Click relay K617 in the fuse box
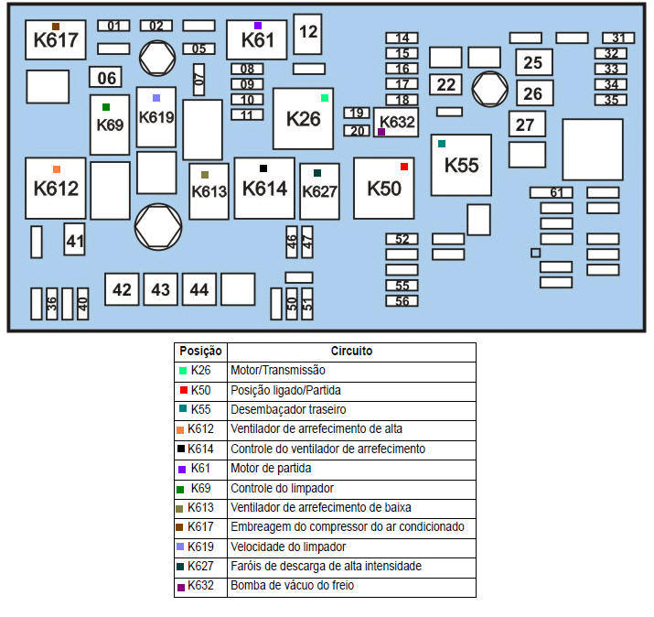(x=56, y=39)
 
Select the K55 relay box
(x=461, y=165)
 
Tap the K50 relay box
(x=383, y=188)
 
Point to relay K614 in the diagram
(x=264, y=188)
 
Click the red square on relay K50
(x=403, y=167)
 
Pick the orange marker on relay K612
(x=57, y=169)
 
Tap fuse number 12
(x=308, y=33)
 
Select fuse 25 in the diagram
(x=532, y=62)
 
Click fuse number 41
(x=74, y=242)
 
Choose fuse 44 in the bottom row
(x=198, y=290)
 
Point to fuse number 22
(x=445, y=84)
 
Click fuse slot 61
(x=552, y=192)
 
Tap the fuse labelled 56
(x=402, y=300)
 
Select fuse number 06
(x=106, y=78)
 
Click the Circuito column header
(x=351, y=352)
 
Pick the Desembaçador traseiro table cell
(x=351, y=409)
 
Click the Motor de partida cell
(x=351, y=468)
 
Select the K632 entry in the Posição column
(x=200, y=586)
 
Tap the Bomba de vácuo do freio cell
(x=351, y=586)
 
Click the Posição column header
(x=200, y=352)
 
